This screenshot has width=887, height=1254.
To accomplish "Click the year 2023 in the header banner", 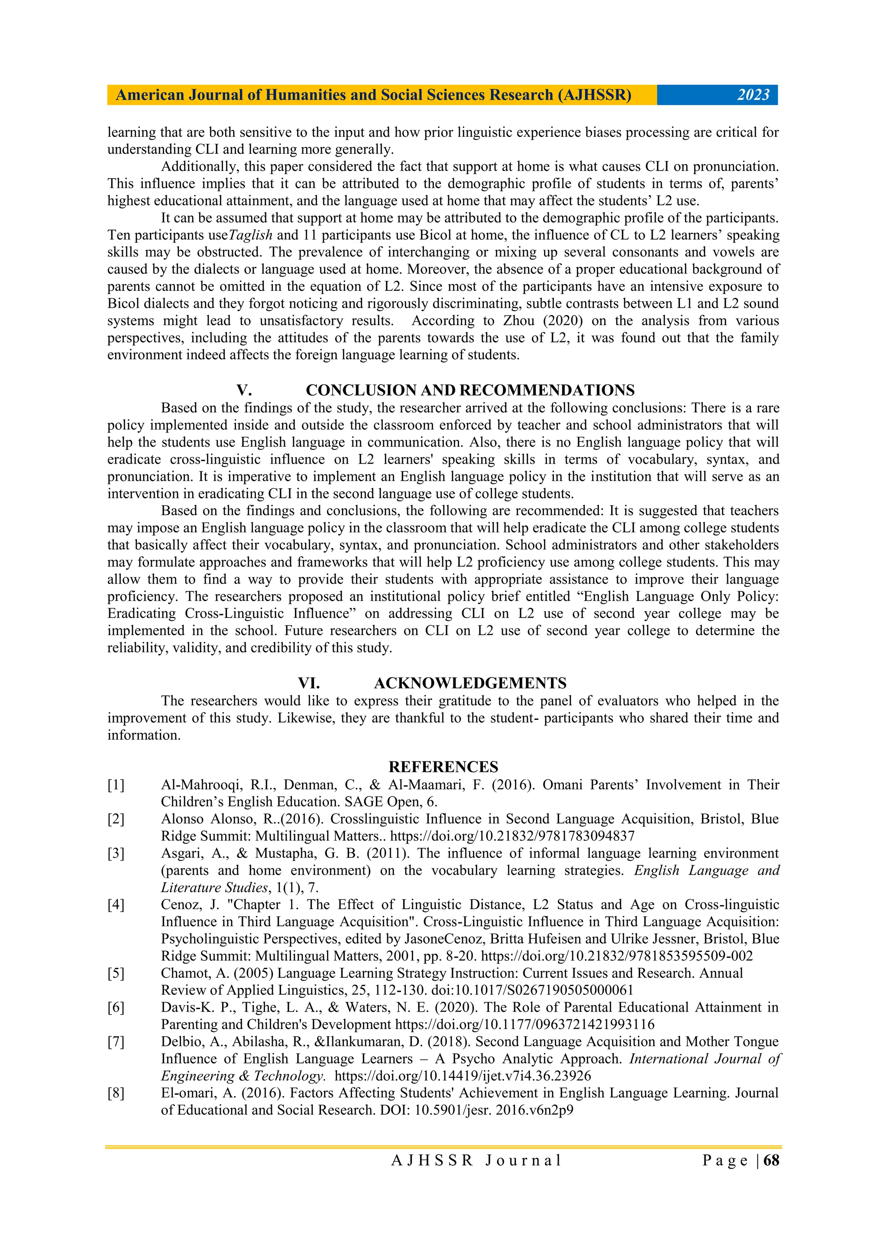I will (753, 95).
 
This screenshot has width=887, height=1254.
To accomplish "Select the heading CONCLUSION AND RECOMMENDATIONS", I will (470, 390).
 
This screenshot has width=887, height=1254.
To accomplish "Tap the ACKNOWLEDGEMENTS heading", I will (470, 683).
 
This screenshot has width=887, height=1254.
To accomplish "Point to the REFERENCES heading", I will (443, 767).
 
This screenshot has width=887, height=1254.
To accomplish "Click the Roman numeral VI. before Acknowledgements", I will (309, 683).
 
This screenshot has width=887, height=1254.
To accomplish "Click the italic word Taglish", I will (250, 235).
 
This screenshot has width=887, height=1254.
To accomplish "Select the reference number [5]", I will (116, 973).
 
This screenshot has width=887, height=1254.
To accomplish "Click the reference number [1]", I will (116, 785).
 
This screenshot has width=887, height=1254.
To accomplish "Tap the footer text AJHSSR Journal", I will (476, 1160).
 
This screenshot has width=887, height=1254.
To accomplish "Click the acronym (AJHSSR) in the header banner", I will (594, 95).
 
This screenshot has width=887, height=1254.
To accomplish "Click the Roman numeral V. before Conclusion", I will (244, 390).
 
